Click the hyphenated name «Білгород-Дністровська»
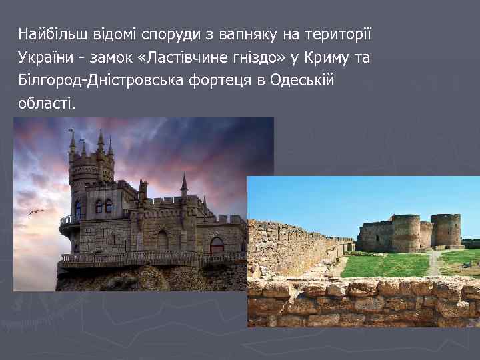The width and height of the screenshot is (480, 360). coord(91,81)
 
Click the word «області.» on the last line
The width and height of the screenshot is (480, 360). coord(47,104)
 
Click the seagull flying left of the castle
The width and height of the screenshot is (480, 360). coord(35,212)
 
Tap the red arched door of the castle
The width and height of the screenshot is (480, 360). coord(217,245)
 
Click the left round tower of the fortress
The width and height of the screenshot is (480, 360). coord(405,233)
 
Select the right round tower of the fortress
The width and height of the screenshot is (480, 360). coord(445,230)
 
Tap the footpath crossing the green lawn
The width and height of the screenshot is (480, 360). coord(435,262)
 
